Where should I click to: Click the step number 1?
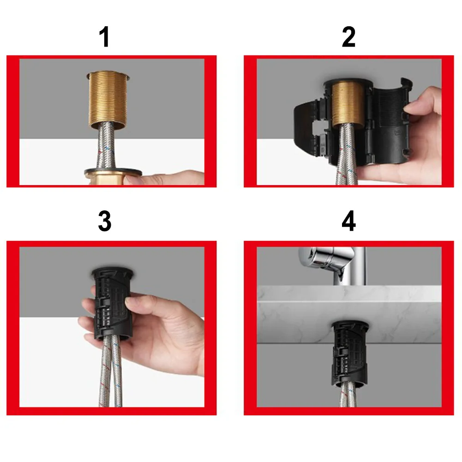tap(105, 37)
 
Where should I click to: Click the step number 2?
tap(348, 37)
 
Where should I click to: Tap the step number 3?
tap(105, 222)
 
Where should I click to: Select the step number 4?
tap(348, 222)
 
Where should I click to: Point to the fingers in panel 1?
tap(166, 178)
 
